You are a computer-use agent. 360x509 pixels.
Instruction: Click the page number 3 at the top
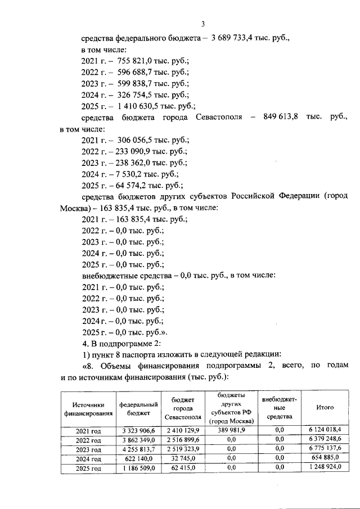coord(204,24)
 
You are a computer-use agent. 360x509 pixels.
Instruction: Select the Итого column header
coord(325,408)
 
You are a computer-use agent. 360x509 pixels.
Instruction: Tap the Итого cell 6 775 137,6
coord(325,449)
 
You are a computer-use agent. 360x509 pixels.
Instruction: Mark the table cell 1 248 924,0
coord(325,468)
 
